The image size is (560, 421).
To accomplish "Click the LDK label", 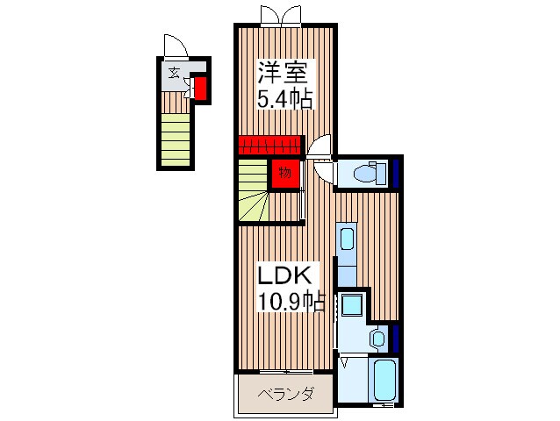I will [x=284, y=275].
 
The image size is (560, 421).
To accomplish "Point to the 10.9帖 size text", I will [x=291, y=302].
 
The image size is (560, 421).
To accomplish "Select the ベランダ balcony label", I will [x=285, y=395].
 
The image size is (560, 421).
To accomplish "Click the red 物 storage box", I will [x=284, y=173].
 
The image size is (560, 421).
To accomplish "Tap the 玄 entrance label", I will [x=174, y=72].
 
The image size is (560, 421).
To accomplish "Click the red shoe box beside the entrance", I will [x=200, y=89].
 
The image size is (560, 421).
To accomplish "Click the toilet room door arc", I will [x=322, y=146].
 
